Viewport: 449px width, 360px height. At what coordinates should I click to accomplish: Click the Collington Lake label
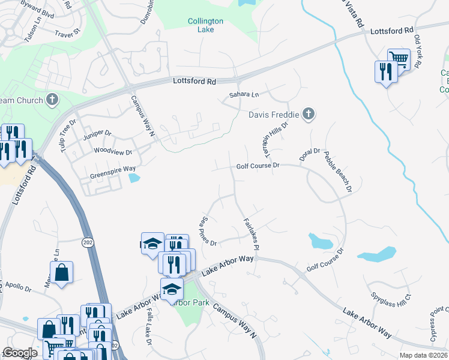click(205, 25)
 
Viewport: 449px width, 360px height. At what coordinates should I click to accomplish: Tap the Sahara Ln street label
click(244, 95)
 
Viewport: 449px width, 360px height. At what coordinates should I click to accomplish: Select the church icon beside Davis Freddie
click(308, 113)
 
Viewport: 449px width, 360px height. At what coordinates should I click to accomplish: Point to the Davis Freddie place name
click(273, 114)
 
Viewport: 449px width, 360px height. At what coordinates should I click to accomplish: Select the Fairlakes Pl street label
click(251, 233)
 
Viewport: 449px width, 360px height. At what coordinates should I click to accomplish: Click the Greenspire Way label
click(113, 169)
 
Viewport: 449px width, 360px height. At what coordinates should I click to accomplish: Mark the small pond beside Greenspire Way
click(134, 178)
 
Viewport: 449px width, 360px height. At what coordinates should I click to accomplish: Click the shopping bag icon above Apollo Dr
click(61, 272)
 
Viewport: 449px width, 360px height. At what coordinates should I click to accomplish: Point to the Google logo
click(20, 353)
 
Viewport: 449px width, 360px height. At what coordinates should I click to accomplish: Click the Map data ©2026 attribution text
click(423, 355)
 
